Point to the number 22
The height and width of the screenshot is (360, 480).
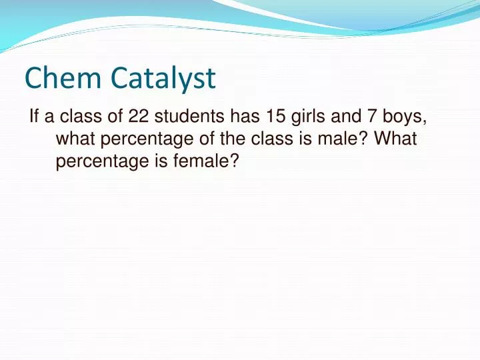[x=138, y=117]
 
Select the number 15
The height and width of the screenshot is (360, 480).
[x=277, y=117]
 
